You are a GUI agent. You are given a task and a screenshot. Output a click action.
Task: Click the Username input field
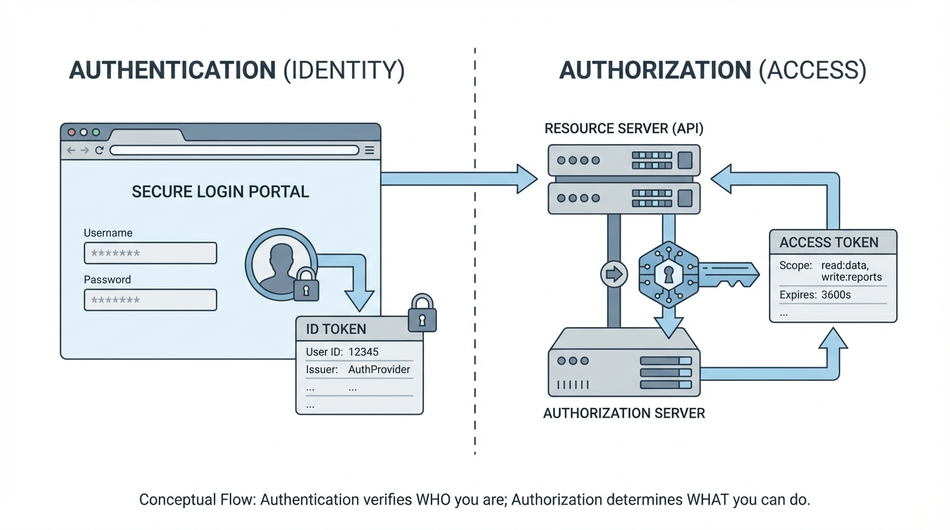pyautogui.click(x=150, y=253)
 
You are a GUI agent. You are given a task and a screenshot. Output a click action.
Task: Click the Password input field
pyautogui.click(x=150, y=300)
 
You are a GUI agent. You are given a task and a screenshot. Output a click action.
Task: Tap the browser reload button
pyautogui.click(x=99, y=150)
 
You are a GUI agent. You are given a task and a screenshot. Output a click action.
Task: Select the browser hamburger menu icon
pyautogui.click(x=369, y=150)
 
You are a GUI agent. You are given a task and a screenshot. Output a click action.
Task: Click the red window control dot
pyautogui.click(x=71, y=132)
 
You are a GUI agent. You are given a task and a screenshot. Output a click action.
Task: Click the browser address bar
pyautogui.click(x=234, y=150)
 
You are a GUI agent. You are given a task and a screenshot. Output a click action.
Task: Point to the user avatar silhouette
pyautogui.click(x=280, y=264)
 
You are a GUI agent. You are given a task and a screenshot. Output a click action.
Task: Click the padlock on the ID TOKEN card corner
pyautogui.click(x=422, y=315)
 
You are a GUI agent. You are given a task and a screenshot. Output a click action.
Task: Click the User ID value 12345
pyautogui.click(x=363, y=352)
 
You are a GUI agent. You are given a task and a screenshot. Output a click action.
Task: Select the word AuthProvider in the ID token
pyautogui.click(x=379, y=370)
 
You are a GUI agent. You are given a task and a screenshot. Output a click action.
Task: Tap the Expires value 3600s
pyautogui.click(x=835, y=295)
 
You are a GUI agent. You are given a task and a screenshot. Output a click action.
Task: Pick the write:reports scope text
pyautogui.click(x=851, y=277)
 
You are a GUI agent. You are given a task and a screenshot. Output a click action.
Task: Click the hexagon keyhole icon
pyautogui.click(x=668, y=274)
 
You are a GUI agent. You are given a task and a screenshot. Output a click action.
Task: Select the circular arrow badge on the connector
pyautogui.click(x=613, y=274)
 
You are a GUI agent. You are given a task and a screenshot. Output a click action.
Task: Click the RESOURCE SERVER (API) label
pyautogui.click(x=623, y=128)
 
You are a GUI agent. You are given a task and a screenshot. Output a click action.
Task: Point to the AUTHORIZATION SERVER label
pyautogui.click(x=623, y=413)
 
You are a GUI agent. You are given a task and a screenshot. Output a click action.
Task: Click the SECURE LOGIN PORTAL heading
pyautogui.click(x=220, y=192)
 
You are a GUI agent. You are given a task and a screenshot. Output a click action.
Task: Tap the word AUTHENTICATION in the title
pyautogui.click(x=173, y=70)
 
